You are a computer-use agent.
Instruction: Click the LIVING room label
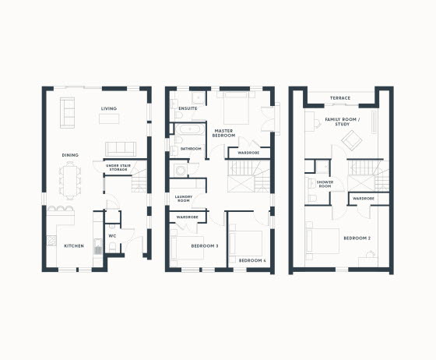click(109, 108)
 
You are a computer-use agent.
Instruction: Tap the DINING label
click(70, 155)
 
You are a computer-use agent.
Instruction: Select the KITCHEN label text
click(74, 246)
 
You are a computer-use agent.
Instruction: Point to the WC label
click(112, 236)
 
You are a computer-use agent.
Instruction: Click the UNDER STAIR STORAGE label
click(118, 168)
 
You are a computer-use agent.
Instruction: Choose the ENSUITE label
click(188, 108)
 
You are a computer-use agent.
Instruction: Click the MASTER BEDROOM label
click(224, 133)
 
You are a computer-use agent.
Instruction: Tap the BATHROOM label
click(191, 149)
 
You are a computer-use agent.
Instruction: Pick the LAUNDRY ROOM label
click(184, 199)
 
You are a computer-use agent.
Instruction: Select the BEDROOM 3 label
click(205, 246)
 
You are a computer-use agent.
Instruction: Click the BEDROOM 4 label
click(252, 261)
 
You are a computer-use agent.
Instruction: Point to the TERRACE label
click(340, 98)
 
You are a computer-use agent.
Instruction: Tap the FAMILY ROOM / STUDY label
click(343, 122)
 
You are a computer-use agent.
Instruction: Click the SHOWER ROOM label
click(325, 184)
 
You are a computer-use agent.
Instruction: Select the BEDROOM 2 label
click(357, 238)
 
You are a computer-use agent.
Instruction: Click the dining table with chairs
click(70, 181)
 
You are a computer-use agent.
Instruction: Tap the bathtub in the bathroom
click(190, 129)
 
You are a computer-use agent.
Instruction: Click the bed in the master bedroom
click(236, 108)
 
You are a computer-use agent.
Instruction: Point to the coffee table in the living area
click(109, 118)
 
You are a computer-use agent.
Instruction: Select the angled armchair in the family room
click(352, 140)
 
